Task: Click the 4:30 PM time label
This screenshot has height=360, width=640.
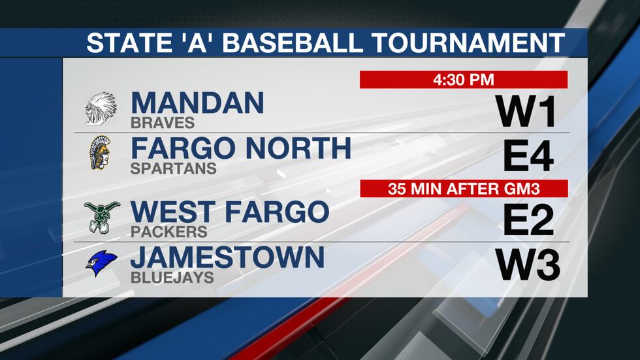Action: tap(464, 80)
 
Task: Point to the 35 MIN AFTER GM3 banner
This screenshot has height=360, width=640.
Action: tap(464, 189)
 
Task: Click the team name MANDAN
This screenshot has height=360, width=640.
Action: tap(197, 103)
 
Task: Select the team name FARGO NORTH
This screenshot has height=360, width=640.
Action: tap(241, 148)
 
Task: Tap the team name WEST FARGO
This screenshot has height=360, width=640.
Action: tap(229, 212)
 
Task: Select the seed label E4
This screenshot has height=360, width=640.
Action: tap(528, 157)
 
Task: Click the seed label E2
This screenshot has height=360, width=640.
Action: tap(528, 221)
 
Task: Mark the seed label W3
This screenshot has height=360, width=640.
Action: tap(528, 266)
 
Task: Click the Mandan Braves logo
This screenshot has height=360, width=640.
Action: tap(101, 108)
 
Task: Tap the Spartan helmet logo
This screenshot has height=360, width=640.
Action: tap(100, 153)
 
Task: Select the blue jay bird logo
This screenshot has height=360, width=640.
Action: tap(101, 263)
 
